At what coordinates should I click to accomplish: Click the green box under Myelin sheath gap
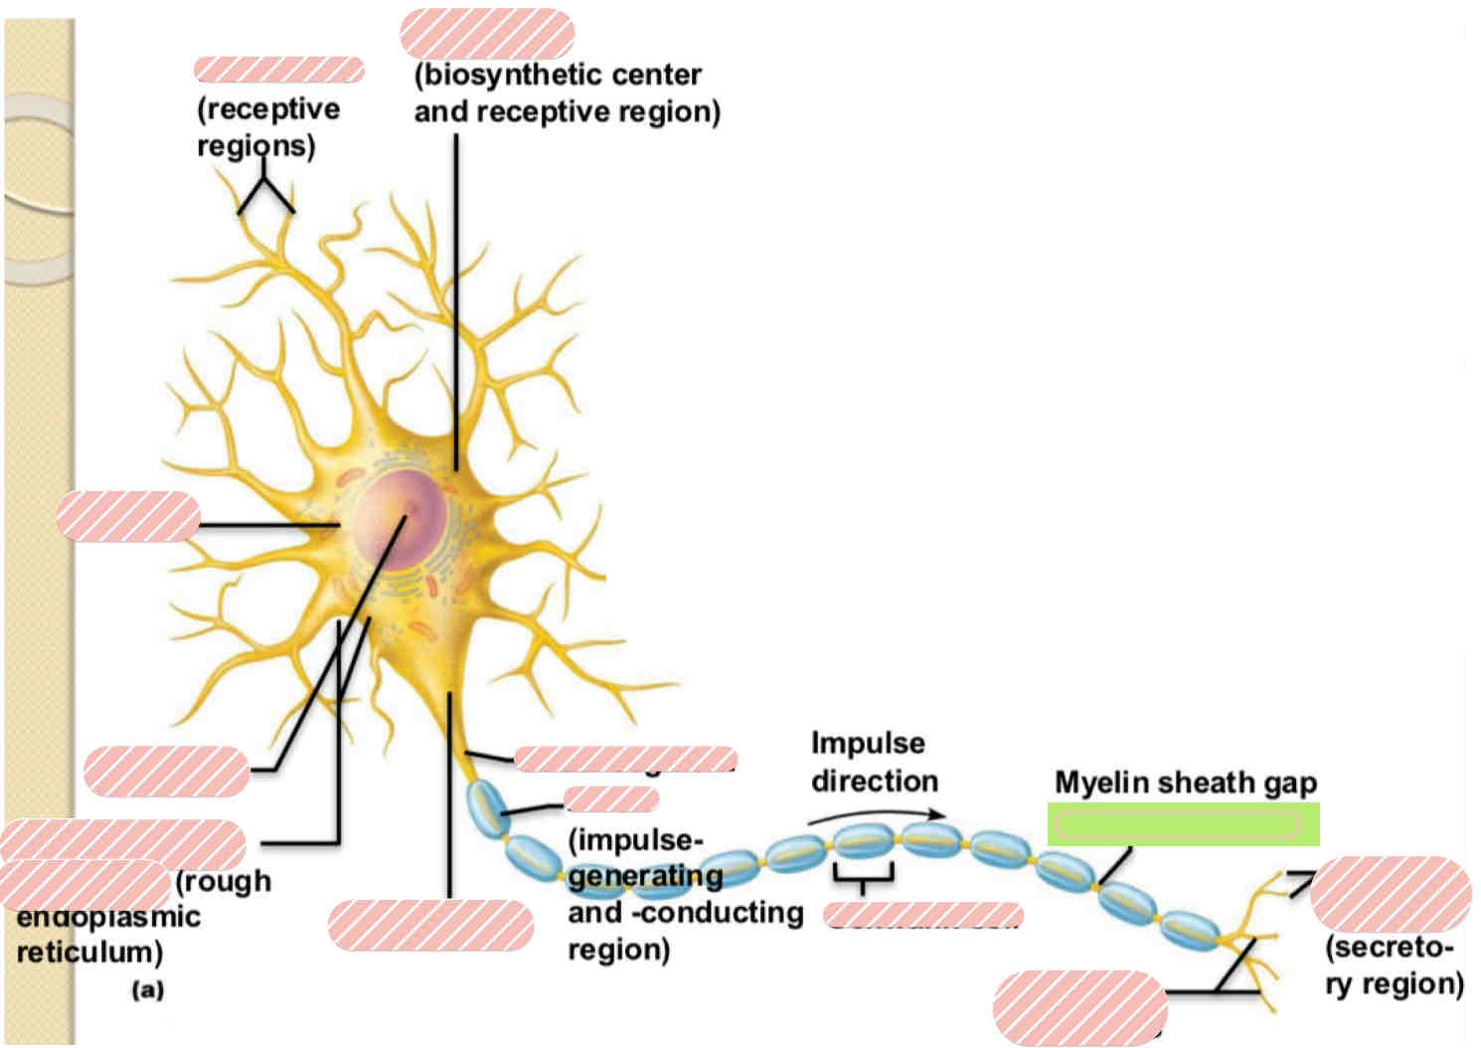pyautogui.click(x=1183, y=824)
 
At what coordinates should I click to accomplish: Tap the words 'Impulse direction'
pyautogui.click(x=873, y=762)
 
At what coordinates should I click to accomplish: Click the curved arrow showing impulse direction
pyautogui.click(x=875, y=814)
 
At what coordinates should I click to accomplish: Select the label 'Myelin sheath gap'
pyautogui.click(x=1185, y=783)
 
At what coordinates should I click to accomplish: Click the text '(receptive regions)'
pyautogui.click(x=267, y=126)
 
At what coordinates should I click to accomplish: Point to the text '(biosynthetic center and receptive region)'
pyautogui.click(x=566, y=92)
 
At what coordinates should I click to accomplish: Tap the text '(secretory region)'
pyautogui.click(x=1393, y=964)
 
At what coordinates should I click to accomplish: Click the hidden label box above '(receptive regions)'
pyautogui.click(x=278, y=70)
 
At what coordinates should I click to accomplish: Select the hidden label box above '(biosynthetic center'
pyautogui.click(x=487, y=34)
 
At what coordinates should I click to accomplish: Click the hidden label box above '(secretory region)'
pyautogui.click(x=1390, y=893)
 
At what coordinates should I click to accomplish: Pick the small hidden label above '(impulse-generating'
pyautogui.click(x=610, y=798)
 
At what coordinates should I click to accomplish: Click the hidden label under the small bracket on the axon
pyautogui.click(x=922, y=915)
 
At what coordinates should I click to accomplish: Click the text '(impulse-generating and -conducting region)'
pyautogui.click(x=684, y=894)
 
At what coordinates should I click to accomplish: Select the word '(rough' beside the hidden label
pyautogui.click(x=223, y=881)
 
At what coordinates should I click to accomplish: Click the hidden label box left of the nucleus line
pyautogui.click(x=128, y=516)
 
